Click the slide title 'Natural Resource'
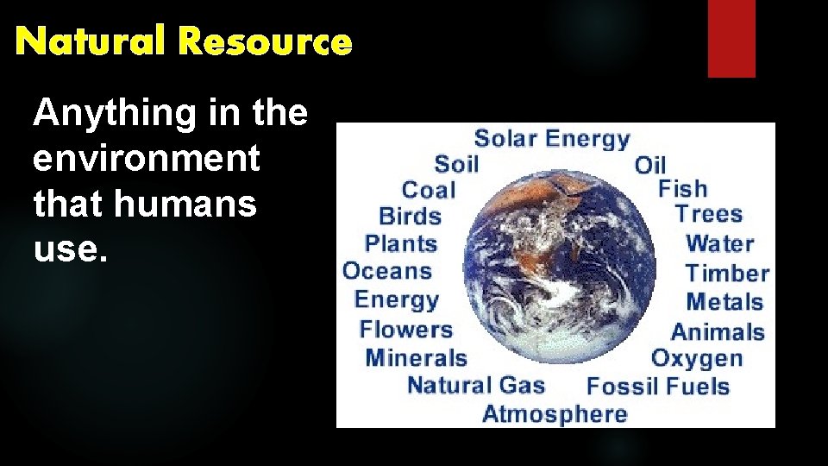184,41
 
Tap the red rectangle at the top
731,38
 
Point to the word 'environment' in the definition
146,159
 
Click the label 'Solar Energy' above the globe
552,138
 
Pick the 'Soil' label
456,164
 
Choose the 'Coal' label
429,190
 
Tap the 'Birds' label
411,217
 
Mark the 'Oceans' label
387,271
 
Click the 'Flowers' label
405,329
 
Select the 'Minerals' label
416,357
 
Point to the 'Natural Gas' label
476,385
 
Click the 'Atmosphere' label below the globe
555,414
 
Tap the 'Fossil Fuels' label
658,386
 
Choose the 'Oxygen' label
696,358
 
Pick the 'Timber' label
727,274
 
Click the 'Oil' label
650,165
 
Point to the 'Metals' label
724,302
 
